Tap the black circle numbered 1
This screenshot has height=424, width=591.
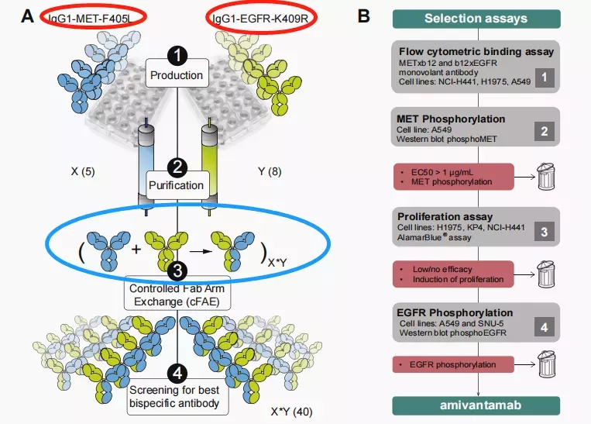click(x=177, y=57)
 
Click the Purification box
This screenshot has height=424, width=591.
click(x=177, y=185)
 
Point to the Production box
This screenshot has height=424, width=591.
click(x=177, y=75)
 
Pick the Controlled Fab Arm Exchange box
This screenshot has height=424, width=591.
click(x=177, y=295)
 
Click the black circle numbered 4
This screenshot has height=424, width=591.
click(x=177, y=373)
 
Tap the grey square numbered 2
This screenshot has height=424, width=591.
click(x=545, y=132)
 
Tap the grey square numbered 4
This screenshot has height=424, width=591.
click(x=545, y=326)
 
